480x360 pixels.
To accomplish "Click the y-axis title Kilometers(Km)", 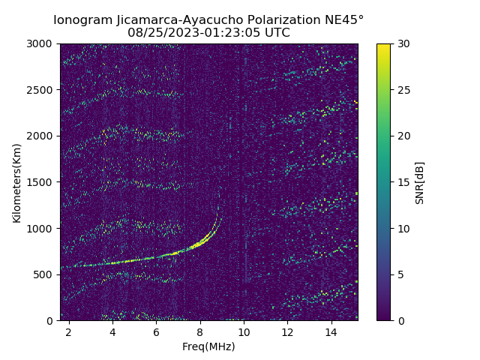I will pyautogui.click(x=16, y=182).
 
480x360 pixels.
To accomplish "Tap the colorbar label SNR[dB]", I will pyautogui.click(x=420, y=182).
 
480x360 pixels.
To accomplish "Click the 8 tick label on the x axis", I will pyautogui.click(x=200, y=331).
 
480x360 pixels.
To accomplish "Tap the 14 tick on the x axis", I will pyautogui.click(x=331, y=331).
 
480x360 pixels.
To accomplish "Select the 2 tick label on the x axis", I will pyautogui.click(x=68, y=331).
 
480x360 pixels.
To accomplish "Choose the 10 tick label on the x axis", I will pyautogui.click(x=244, y=331).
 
